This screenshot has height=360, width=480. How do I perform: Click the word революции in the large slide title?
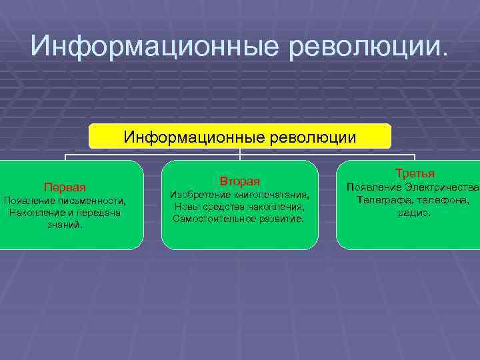point(365,47)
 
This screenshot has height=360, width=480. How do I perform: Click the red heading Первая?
point(65,187)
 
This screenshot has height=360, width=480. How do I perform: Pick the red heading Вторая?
point(239,181)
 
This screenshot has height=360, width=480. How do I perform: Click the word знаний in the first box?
point(65,225)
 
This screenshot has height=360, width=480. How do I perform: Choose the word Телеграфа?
point(383,200)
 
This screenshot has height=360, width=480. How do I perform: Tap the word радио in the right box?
point(413,213)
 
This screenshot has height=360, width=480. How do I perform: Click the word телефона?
point(444,200)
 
